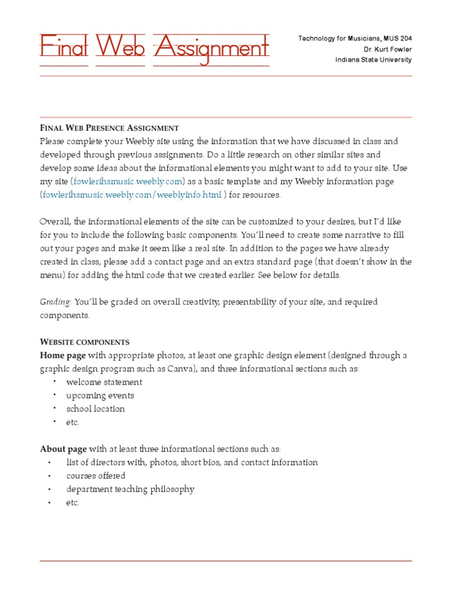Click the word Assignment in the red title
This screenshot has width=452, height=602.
click(x=211, y=47)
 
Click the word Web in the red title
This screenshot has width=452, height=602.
click(x=120, y=47)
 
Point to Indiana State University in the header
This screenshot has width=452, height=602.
click(x=373, y=60)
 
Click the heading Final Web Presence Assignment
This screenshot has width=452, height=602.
click(x=109, y=128)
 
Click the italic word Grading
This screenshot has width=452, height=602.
click(x=55, y=302)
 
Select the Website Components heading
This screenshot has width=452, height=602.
click(x=84, y=342)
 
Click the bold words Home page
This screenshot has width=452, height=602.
click(x=63, y=355)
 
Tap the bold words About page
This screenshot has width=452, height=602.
click(x=64, y=449)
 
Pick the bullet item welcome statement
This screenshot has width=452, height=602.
click(x=104, y=382)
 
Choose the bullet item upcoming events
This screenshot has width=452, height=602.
click(x=100, y=396)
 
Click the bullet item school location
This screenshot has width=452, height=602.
click(x=95, y=409)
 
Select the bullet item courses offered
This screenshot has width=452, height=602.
click(x=95, y=476)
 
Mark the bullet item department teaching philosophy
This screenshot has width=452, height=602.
click(x=130, y=489)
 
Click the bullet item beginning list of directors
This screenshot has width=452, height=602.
click(x=192, y=462)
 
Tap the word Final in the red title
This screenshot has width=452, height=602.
click(x=64, y=47)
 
